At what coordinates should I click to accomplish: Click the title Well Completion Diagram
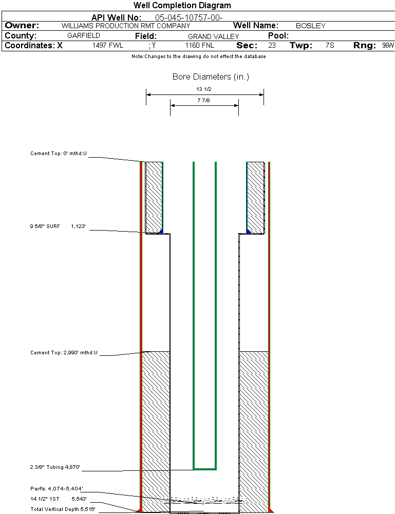tap(182, 6)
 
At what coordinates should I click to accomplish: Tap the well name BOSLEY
tap(311, 26)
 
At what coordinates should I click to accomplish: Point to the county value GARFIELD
tap(84, 36)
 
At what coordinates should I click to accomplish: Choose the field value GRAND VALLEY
tap(213, 36)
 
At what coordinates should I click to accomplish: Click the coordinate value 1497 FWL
tap(108, 46)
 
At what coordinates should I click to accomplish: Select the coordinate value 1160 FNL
tap(199, 46)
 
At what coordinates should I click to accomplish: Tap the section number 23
tap(272, 46)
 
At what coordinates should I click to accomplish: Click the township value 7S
tap(330, 46)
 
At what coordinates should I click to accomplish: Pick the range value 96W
tap(388, 46)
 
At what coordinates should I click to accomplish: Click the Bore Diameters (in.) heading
tap(211, 77)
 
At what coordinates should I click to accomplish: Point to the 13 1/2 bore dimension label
tap(204, 89)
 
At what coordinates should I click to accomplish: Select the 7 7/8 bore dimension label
tap(204, 101)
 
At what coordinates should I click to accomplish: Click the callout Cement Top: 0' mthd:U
tap(59, 154)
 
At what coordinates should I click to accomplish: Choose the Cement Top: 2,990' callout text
tap(64, 353)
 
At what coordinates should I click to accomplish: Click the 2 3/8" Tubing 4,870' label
tap(55, 467)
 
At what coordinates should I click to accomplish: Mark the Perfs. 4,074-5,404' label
tap(57, 488)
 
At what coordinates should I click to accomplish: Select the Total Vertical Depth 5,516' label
tap(63, 509)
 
